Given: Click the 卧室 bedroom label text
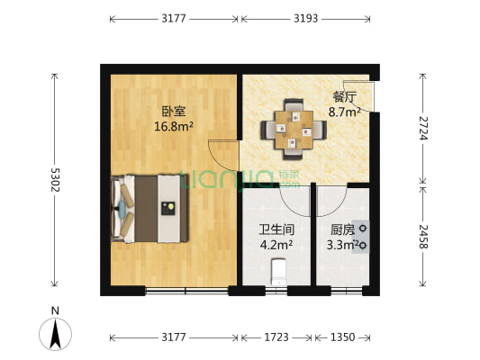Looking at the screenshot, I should click(x=174, y=112).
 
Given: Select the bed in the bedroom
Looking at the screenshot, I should click(x=150, y=209).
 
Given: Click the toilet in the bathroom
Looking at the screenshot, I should click(x=278, y=271).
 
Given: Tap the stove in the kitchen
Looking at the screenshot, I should click(x=362, y=236).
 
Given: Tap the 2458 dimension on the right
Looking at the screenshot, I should click(x=422, y=240).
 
